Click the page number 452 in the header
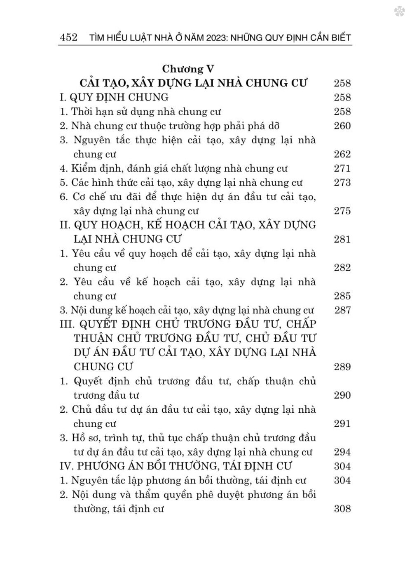click(68, 38)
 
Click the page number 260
click(342, 126)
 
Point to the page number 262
click(342, 154)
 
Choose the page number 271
click(342, 168)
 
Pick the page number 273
click(342, 182)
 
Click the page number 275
click(342, 211)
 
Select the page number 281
click(342, 239)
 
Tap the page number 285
click(342, 296)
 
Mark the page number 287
click(342, 310)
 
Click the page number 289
click(342, 367)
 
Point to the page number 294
click(342, 452)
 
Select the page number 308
click(342, 509)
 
